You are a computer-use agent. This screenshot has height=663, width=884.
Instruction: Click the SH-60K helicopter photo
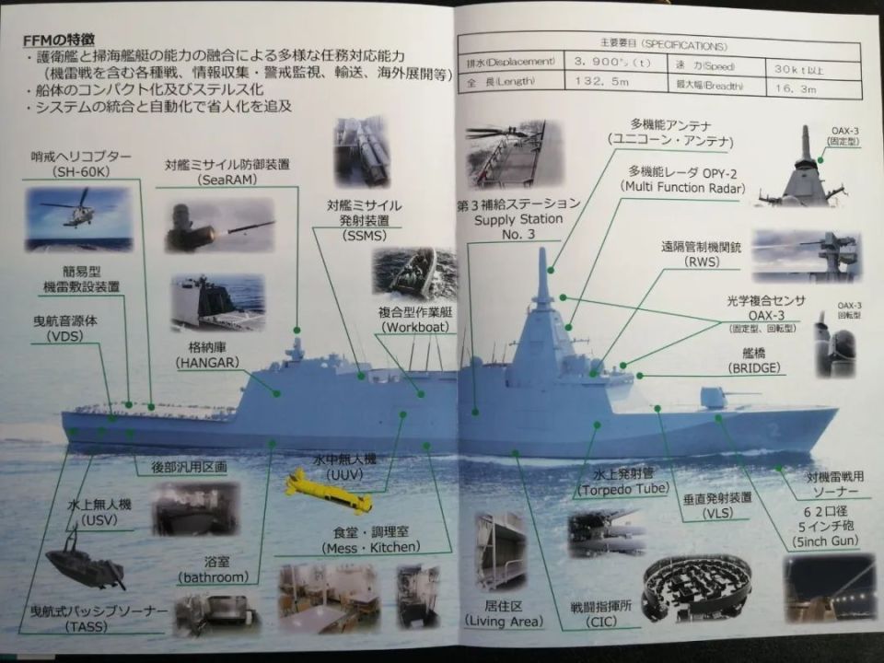click(78, 219)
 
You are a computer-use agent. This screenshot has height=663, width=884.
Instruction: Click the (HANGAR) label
click(207, 363)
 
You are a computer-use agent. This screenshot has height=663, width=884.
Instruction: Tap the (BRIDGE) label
click(754, 367)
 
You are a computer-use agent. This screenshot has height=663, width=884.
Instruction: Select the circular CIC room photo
click(696, 585)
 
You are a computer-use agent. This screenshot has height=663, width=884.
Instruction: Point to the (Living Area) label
click(506, 622)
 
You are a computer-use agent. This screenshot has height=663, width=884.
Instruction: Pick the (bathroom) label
click(215, 577)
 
